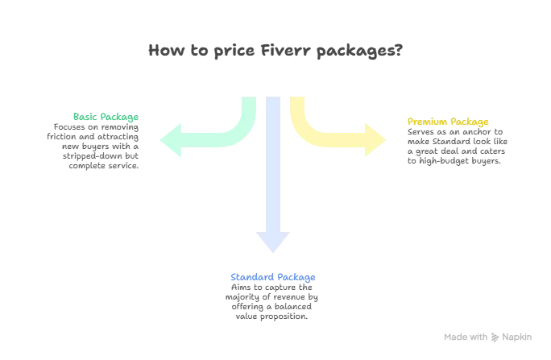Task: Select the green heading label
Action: (x=105, y=117)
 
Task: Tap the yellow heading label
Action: (x=449, y=122)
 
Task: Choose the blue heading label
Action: (x=272, y=277)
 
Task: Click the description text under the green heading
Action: (x=96, y=147)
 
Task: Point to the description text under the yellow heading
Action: (x=458, y=148)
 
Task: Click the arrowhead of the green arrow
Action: (x=167, y=142)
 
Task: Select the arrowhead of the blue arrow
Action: (x=273, y=242)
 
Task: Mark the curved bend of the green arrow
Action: (x=242, y=133)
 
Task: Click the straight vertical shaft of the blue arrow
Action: (x=274, y=161)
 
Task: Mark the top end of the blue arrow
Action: (x=274, y=101)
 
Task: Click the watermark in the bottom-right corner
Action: (x=490, y=333)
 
